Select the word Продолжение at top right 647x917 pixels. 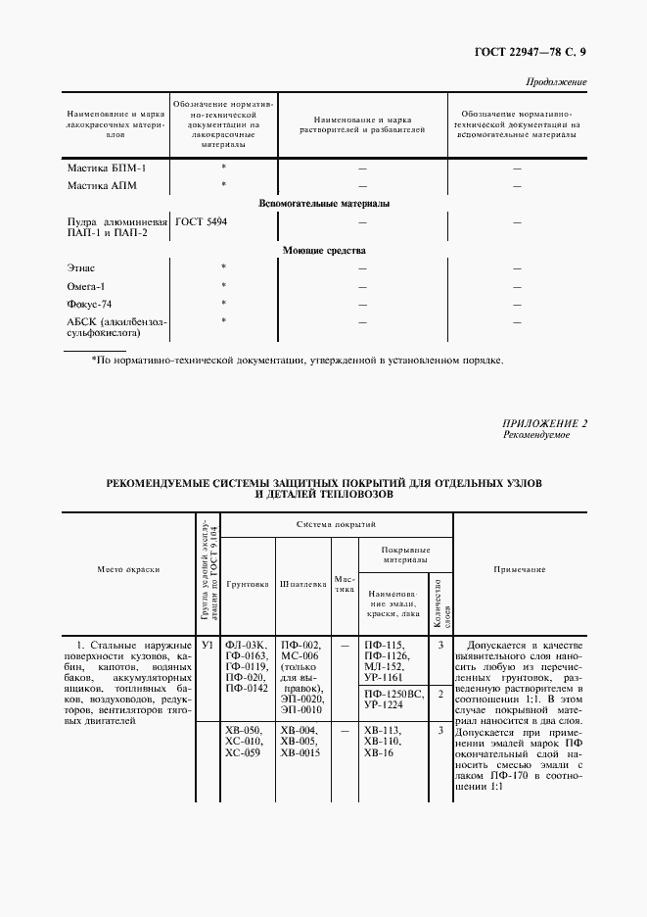click(557, 82)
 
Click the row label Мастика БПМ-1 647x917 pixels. click(106, 169)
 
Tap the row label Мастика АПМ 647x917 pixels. click(103, 185)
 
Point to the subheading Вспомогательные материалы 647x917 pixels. click(323, 204)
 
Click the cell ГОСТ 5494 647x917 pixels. click(202, 222)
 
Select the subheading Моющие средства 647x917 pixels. click(324, 251)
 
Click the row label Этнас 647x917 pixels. click(81, 267)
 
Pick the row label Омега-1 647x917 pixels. click(86, 286)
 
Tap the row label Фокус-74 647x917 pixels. click(90, 304)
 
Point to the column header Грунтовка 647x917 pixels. click(248, 583)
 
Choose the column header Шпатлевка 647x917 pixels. click(303, 583)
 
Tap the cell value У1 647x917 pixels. click(208, 646)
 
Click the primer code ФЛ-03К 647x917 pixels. click(245, 646)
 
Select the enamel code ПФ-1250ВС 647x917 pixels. click(393, 693)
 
